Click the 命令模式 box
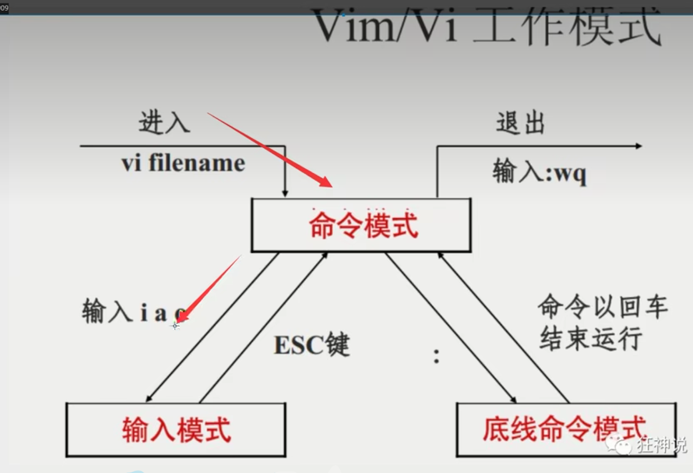361,225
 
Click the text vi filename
183,164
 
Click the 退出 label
520,123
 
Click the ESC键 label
312,345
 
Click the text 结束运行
590,338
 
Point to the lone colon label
437,356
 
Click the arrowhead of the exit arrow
638,146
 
